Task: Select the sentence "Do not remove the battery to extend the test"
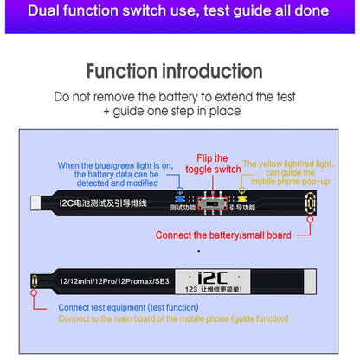(179, 97)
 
